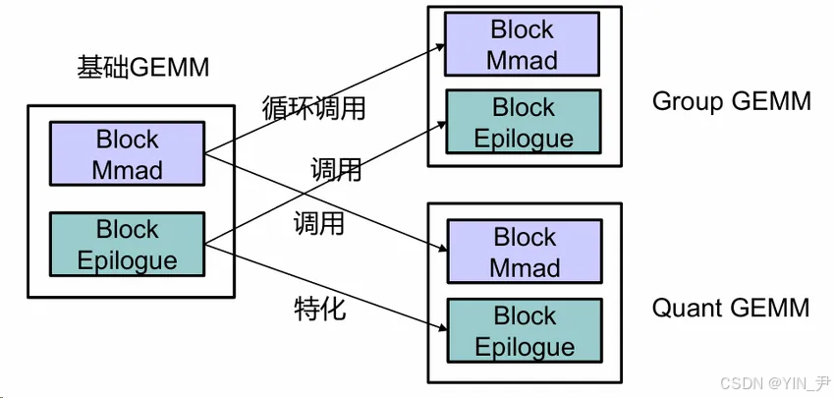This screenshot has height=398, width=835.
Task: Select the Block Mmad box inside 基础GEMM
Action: tap(127, 154)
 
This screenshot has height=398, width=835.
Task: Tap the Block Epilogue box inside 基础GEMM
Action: tap(127, 245)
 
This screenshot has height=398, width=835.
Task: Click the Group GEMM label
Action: tap(731, 101)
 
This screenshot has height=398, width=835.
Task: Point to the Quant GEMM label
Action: tap(731, 308)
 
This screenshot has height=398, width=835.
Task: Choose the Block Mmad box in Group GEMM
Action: tap(523, 45)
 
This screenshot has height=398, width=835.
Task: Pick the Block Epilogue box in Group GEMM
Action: tap(523, 122)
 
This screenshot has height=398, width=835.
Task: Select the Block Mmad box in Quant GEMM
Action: tap(524, 253)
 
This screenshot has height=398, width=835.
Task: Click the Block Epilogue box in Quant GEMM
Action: tap(524, 331)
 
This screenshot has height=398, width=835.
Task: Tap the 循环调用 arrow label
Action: tap(313, 107)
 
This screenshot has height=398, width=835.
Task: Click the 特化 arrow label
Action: tap(319, 309)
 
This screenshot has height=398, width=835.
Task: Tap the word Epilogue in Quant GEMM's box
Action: tap(525, 347)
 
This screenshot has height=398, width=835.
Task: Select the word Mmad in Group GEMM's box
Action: tap(523, 60)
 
